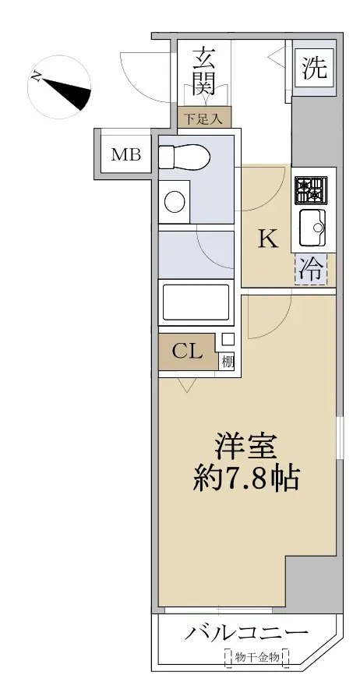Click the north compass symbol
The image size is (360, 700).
59,87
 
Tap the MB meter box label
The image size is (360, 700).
126,155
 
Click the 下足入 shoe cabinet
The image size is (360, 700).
204,118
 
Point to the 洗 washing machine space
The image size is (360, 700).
316,68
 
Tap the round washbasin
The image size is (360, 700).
175,202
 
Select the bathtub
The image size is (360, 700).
196,302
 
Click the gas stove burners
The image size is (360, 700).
310,189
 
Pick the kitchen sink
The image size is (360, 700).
312,228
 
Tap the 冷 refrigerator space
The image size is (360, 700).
310,269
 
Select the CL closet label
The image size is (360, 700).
187,352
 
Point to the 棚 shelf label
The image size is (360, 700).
228,362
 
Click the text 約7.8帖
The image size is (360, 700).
245,479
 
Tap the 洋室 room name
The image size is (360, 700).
245,447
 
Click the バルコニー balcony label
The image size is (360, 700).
246,633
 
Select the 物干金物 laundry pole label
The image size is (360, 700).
257,657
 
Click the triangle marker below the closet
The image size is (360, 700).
186,385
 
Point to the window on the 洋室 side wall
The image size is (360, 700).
340,437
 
